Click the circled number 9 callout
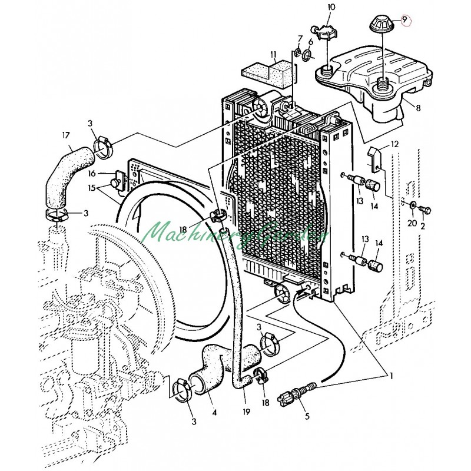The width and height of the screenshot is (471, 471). tap(405, 20)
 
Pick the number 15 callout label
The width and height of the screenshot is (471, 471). tap(91, 188)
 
